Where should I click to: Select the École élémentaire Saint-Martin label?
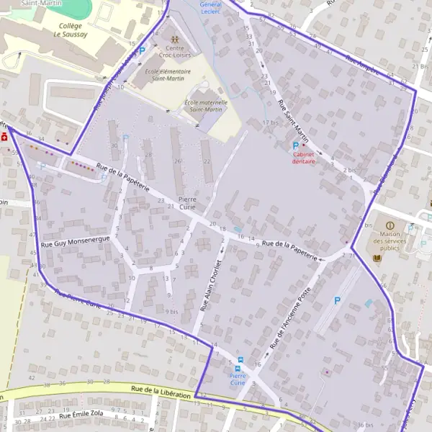tap(168, 76)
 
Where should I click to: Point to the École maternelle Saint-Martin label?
tap(206, 106)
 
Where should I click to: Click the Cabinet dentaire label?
tap(303, 158)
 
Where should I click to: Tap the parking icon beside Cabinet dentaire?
tap(294, 146)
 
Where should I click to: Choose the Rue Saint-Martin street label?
tap(292, 121)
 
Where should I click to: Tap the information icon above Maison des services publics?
tap(390, 225)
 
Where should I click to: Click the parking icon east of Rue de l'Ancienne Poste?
tap(336, 300)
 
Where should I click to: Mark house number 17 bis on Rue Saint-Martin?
tap(269, 123)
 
